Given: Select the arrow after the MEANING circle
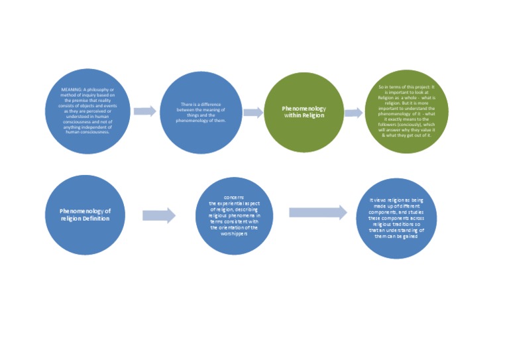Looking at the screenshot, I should click(x=144, y=111).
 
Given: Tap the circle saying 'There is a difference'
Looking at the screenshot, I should click(x=201, y=113).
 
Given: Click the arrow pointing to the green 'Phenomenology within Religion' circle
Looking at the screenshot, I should click(x=253, y=113).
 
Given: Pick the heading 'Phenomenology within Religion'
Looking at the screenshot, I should click(x=304, y=111).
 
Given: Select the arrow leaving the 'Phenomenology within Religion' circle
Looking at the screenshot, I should click(x=353, y=113).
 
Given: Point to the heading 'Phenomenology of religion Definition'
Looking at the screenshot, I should click(x=85, y=215).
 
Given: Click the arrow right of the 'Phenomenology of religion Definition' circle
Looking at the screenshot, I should click(x=159, y=215).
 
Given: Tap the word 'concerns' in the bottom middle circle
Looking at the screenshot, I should click(x=234, y=198).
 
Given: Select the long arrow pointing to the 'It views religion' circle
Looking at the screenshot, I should click(x=318, y=212).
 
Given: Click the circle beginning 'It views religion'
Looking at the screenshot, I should click(x=396, y=217).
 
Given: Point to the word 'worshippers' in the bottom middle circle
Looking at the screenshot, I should click(x=234, y=234).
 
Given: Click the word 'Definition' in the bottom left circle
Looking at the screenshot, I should click(x=96, y=219).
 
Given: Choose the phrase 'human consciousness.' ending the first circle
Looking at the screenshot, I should click(x=87, y=131).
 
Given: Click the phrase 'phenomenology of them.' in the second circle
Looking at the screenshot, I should click(x=201, y=121).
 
